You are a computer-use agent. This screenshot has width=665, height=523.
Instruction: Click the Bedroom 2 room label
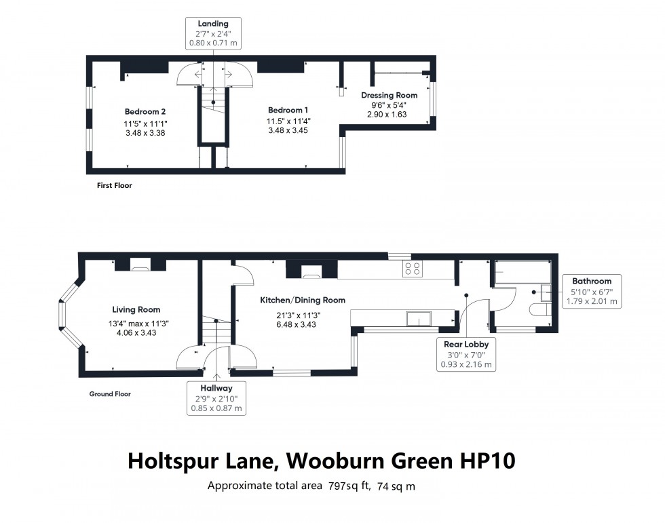pyautogui.click(x=145, y=111)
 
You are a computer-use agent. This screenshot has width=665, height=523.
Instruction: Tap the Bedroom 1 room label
pyautogui.click(x=288, y=110)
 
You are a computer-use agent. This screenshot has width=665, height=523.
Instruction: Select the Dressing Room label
pyautogui.click(x=389, y=96)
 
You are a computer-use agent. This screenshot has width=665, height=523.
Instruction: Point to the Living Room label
pyautogui.click(x=136, y=309)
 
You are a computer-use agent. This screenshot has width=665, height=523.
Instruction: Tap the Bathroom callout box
pyautogui.click(x=591, y=291)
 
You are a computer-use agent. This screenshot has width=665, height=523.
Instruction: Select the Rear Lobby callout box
pyautogui.click(x=466, y=354)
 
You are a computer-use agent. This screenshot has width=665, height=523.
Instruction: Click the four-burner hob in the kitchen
pyautogui.click(x=413, y=268)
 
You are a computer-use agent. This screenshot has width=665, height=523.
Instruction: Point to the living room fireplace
pyautogui.click(x=140, y=267)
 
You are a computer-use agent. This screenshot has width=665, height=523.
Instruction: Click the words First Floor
pyautogui.click(x=114, y=185)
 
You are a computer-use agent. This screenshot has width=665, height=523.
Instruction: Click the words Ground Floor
pyautogui.click(x=110, y=393)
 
